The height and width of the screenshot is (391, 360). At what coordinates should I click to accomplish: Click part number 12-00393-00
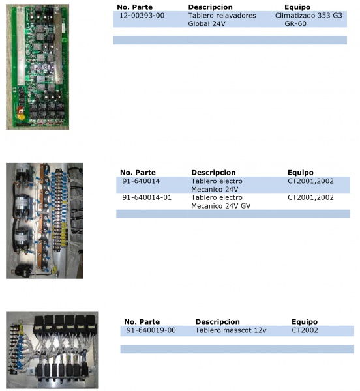pyautogui.click(x=142, y=16)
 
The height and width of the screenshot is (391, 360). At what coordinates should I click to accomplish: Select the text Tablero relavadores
pyautogui.click(x=222, y=16)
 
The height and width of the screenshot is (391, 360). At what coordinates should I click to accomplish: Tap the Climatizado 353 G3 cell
pyautogui.click(x=308, y=16)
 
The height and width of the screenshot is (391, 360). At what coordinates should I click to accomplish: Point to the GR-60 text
pyautogui.click(x=295, y=23)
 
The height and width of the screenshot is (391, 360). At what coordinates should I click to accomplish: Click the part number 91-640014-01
pyautogui.click(x=147, y=197)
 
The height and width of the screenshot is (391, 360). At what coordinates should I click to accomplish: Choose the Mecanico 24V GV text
pyautogui.click(x=221, y=206)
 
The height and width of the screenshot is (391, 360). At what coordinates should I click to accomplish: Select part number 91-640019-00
pyautogui.click(x=151, y=330)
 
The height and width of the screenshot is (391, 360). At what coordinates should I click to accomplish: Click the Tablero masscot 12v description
pyautogui.click(x=231, y=330)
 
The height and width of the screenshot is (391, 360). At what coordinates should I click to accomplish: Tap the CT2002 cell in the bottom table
pyautogui.click(x=305, y=330)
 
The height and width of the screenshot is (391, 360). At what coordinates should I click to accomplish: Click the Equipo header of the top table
pyautogui.click(x=297, y=7)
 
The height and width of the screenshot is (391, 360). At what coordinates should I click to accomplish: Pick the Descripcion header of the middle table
pyautogui.click(x=213, y=173)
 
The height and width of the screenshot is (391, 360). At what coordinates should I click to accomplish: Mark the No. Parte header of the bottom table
pyautogui.click(x=142, y=322)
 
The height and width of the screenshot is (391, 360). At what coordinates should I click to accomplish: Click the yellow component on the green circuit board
pyautogui.click(x=20, y=115)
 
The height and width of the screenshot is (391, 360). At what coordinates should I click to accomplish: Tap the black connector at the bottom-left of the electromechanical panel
pyautogui.click(x=22, y=270)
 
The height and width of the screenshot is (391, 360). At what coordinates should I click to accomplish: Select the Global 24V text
pyautogui.click(x=207, y=23)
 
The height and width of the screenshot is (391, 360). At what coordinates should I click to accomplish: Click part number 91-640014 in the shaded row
pyautogui.click(x=141, y=181)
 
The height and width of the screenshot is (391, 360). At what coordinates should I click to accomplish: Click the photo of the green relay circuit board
pyautogui.click(x=37, y=67)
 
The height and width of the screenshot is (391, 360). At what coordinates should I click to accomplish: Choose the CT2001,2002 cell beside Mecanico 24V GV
pyautogui.click(x=310, y=197)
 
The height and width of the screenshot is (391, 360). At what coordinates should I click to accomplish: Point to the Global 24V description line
pyautogui.click(x=207, y=23)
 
